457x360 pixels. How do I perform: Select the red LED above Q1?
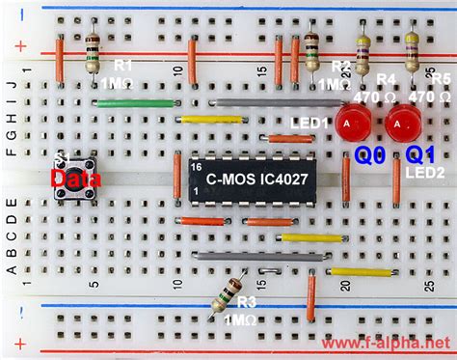click(401, 124)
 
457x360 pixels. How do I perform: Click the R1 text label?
click(123, 66)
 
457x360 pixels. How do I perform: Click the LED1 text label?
click(310, 124)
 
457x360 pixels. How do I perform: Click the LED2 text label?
click(425, 172)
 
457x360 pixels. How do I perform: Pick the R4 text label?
click(387, 80)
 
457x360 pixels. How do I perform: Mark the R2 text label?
click(339, 66)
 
